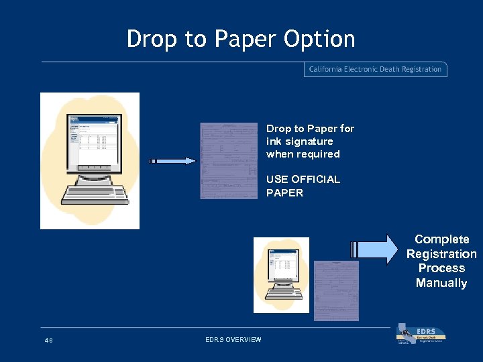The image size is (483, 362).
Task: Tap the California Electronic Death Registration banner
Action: [x=375, y=69]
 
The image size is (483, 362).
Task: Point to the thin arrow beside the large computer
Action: [x=172, y=161]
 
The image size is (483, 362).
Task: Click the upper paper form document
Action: [x=228, y=161]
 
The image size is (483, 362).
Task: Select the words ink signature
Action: [x=299, y=141]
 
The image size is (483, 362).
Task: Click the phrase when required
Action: [x=303, y=154]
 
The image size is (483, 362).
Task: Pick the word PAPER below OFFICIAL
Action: [x=284, y=193]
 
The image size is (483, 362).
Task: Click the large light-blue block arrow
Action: [x=373, y=249]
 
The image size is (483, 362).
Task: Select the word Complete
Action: [x=441, y=239]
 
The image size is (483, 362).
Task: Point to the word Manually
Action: [x=441, y=283]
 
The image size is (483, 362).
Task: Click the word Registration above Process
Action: [x=441, y=254]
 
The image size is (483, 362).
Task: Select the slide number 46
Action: [x=48, y=341]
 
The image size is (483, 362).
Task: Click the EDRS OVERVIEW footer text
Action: [x=233, y=340]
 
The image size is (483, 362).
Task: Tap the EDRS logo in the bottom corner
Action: [x=421, y=335]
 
